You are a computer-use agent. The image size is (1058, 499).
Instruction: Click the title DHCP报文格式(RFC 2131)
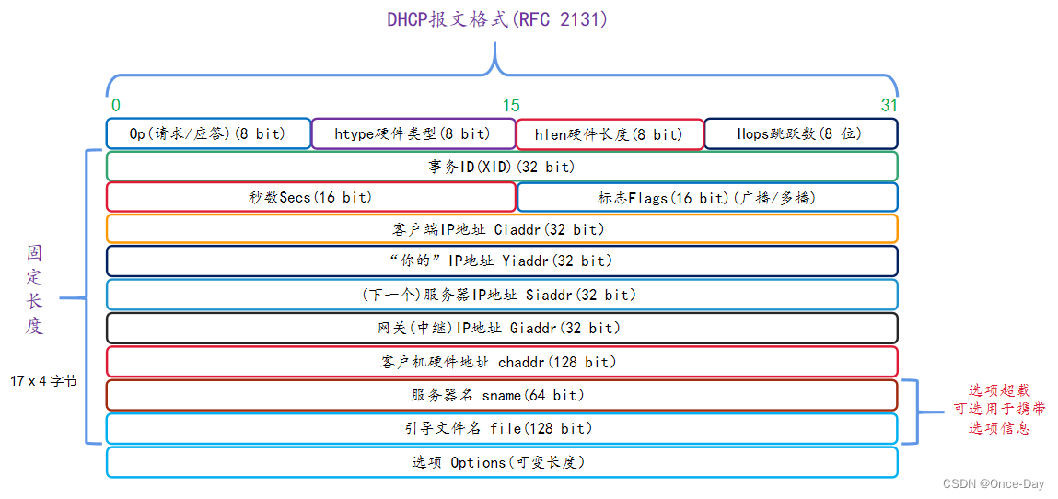tap(497, 19)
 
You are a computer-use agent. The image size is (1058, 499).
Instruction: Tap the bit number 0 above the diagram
tap(115, 105)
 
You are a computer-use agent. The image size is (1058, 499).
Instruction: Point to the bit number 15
tap(510, 105)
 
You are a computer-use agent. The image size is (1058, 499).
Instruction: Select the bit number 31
tap(888, 105)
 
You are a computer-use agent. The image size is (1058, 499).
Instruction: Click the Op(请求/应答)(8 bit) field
tap(208, 133)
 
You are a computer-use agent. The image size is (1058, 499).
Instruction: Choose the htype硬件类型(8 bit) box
tap(413, 133)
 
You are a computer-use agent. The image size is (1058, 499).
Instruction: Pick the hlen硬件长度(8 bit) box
tap(610, 134)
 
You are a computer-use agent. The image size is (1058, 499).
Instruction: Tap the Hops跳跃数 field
tap(800, 133)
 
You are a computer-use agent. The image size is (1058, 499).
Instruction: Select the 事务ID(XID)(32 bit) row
tap(502, 167)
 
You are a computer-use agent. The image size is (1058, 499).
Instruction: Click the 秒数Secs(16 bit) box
tap(311, 197)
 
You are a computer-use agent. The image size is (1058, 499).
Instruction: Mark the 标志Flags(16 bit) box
tap(707, 198)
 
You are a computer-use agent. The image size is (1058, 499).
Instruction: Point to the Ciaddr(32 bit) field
tap(502, 228)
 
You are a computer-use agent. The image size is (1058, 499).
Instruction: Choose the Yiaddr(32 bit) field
tap(502, 261)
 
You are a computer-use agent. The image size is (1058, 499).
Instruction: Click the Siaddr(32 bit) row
tap(502, 295)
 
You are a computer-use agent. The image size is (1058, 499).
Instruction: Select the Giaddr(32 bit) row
tap(502, 328)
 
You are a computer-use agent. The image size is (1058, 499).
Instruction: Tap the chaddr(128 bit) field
tap(502, 362)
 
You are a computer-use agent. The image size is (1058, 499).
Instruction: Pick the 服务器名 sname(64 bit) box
tap(502, 395)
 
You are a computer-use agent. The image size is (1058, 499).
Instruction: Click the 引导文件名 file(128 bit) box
tap(502, 428)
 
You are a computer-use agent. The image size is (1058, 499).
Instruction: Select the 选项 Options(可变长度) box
tap(502, 462)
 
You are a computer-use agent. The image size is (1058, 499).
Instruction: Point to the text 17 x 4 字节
tap(44, 380)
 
